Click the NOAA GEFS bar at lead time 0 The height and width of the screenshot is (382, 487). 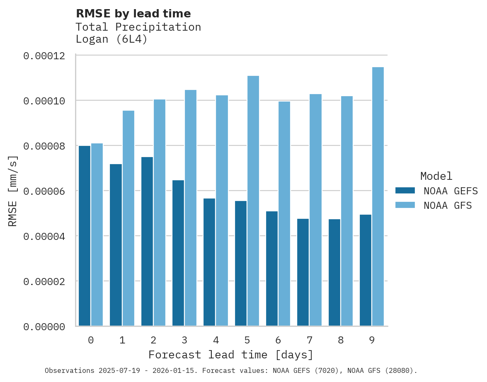point(85,236)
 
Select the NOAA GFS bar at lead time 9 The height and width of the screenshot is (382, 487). point(378,196)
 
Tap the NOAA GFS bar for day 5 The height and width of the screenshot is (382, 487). point(253,201)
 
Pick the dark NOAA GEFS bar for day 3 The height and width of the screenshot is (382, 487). point(178,253)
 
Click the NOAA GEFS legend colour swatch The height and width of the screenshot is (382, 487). point(405,190)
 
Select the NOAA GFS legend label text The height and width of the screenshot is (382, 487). point(448,205)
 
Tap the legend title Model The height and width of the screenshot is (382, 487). point(436,176)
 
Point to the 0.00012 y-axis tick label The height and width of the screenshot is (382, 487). point(44,56)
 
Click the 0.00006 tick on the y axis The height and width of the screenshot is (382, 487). point(44,191)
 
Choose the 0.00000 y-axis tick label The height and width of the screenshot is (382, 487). point(44,327)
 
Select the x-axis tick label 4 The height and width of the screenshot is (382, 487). point(216,341)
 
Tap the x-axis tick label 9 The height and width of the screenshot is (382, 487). point(372,341)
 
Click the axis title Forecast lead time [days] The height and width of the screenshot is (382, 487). point(231,355)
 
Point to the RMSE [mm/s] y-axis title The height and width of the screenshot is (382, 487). point(13,191)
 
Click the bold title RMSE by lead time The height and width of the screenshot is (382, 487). point(133,14)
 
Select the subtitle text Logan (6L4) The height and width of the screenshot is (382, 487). point(111,40)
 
